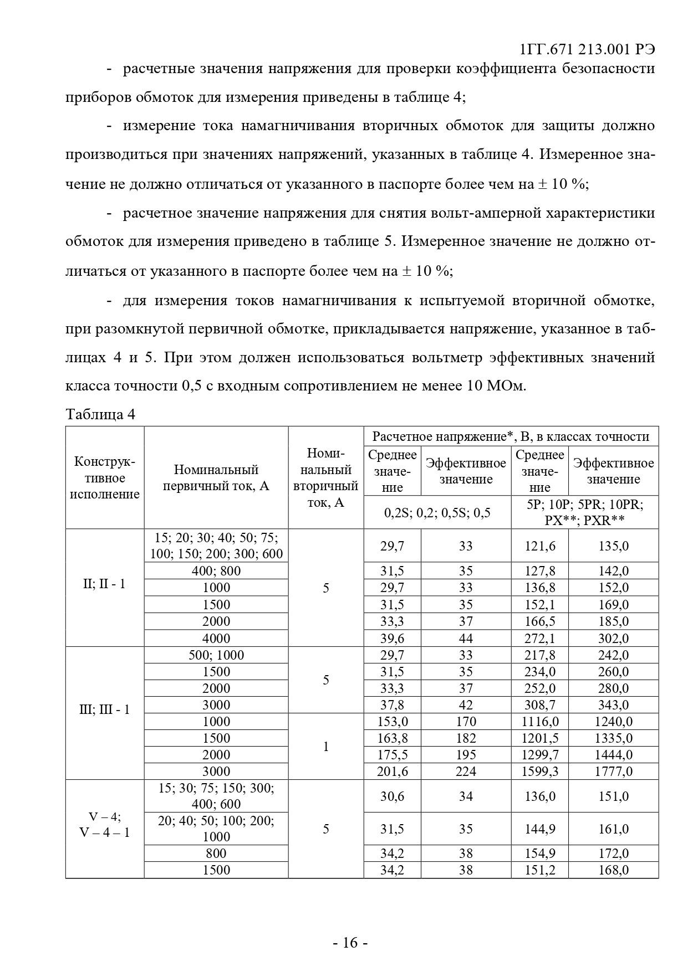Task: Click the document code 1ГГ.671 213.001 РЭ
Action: click(x=587, y=49)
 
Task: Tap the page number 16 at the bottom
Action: click(x=350, y=942)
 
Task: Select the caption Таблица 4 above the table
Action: click(x=100, y=414)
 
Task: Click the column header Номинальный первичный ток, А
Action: click(x=216, y=477)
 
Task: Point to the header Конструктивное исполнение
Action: click(x=105, y=477)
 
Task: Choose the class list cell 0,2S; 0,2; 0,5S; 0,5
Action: click(x=437, y=512)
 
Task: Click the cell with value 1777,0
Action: click(x=613, y=771)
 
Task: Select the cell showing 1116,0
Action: click(x=539, y=721)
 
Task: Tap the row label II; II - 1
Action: click(x=105, y=584)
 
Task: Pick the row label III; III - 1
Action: click(x=105, y=709)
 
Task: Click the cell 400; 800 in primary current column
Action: click(x=216, y=571)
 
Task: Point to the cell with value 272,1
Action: click(x=539, y=638)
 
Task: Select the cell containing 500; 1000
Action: click(x=216, y=655)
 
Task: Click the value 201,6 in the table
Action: click(x=392, y=771)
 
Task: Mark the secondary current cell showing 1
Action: click(x=326, y=746)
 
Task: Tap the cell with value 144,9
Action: click(x=539, y=829)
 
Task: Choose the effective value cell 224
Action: click(x=466, y=771)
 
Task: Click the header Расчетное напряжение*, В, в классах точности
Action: click(x=511, y=436)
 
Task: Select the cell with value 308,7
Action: click(x=539, y=704)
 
